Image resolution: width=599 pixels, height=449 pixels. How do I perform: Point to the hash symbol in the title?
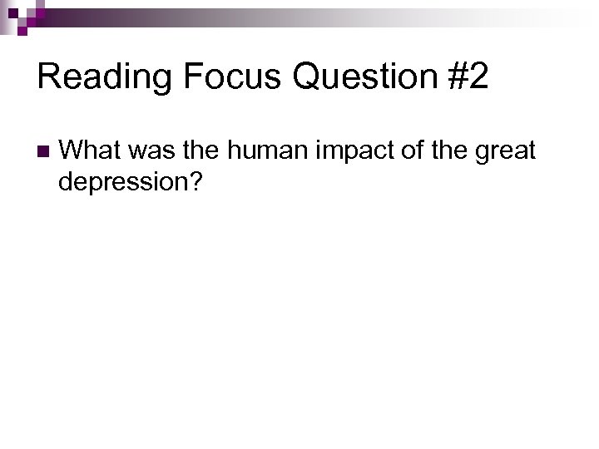pos(454,76)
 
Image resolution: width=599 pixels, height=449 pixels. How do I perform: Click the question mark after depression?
pos(196,180)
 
